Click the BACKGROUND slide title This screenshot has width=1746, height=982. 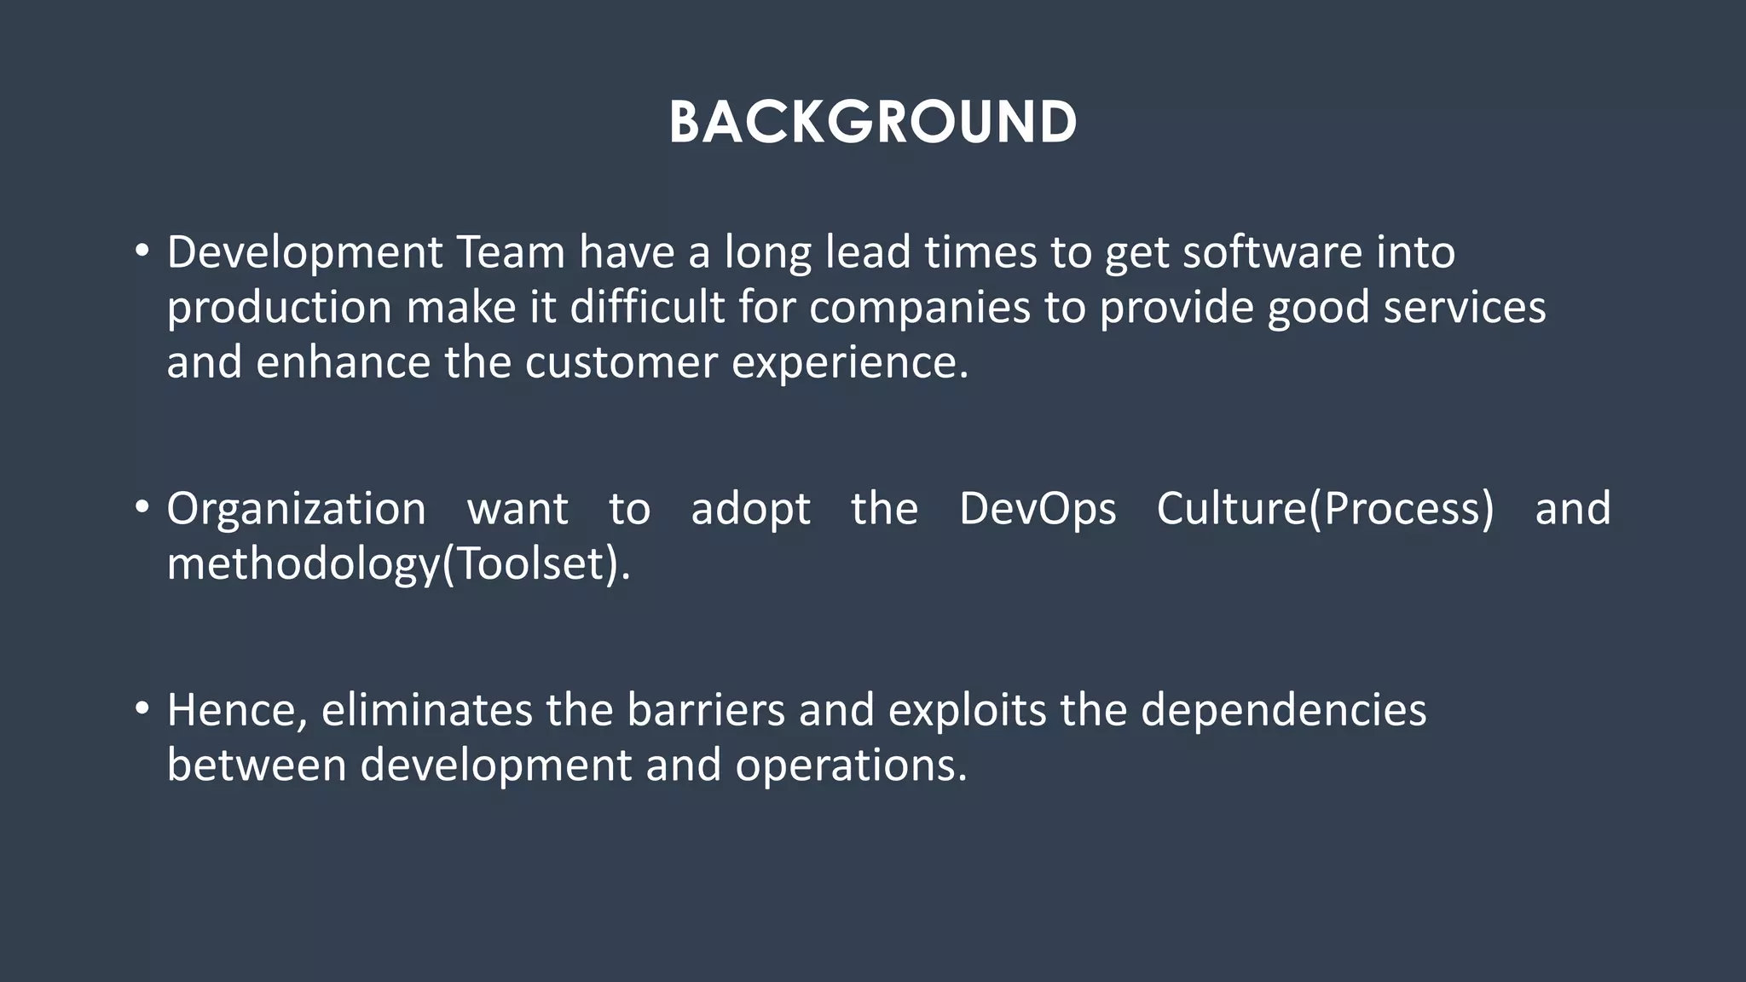click(x=873, y=122)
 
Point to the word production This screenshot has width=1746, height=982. click(x=279, y=309)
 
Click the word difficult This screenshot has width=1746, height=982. click(x=647, y=307)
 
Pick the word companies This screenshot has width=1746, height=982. click(x=920, y=309)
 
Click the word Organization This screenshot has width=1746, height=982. click(x=296, y=510)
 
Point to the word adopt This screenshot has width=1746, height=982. click(x=750, y=511)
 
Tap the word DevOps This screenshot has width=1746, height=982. click(x=1038, y=510)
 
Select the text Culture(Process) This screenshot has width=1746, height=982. click(x=1325, y=510)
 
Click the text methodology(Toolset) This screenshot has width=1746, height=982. click(x=398, y=564)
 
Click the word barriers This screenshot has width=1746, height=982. click(x=706, y=710)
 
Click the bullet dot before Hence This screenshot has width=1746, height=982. click(x=142, y=708)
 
